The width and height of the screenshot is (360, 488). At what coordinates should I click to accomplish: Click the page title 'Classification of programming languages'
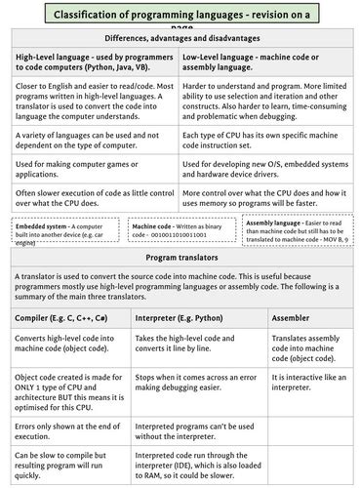180,15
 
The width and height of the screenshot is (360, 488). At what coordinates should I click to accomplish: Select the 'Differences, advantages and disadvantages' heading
180,37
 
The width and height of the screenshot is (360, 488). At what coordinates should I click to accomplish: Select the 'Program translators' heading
180,257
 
